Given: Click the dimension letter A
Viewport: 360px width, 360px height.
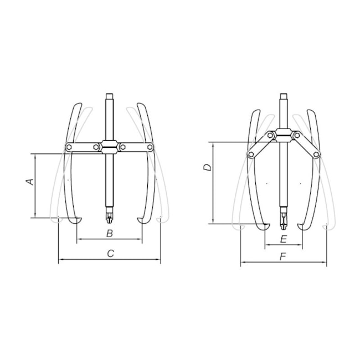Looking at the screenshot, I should point(31,181).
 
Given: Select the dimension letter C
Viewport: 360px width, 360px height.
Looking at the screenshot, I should point(110,253).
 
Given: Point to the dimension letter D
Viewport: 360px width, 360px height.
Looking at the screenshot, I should point(206,167).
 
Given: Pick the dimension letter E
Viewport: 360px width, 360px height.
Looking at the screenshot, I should point(283,239).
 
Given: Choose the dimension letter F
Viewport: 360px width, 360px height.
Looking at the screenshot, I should point(283,258).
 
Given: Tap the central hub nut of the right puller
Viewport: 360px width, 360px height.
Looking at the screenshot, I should point(284,134).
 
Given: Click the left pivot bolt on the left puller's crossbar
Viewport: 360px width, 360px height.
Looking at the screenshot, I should point(69,147).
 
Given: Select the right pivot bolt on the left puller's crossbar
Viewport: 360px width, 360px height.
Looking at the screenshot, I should point(151,147).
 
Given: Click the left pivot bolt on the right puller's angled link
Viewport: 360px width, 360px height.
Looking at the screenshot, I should point(250,155).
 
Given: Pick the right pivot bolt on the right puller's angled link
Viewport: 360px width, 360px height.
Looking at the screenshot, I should point(317,155).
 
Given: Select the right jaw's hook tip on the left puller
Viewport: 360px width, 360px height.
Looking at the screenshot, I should point(141,221).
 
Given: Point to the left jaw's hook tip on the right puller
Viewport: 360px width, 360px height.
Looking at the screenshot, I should point(267,225).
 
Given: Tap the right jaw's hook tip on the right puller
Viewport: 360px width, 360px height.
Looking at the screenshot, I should point(300,225).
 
